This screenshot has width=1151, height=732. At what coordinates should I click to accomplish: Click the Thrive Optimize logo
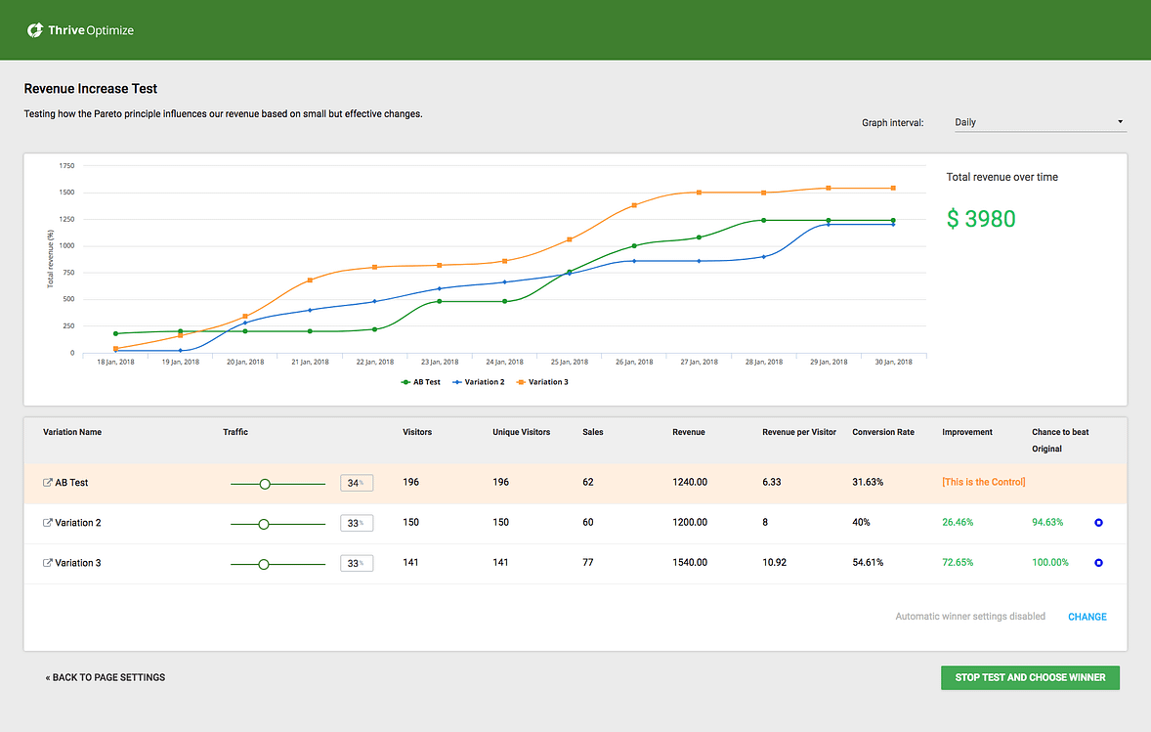pos(80,30)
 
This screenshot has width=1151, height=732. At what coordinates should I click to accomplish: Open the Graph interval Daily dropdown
pos(1039,122)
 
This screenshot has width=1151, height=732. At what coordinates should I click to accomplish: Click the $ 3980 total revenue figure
pos(981,219)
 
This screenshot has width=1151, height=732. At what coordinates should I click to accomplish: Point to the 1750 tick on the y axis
pos(66,166)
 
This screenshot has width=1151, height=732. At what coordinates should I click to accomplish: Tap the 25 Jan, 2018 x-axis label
pos(569,362)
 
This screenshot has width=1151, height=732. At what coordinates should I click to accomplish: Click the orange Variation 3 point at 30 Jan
pos(893,188)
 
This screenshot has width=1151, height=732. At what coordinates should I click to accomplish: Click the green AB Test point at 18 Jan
pos(115,333)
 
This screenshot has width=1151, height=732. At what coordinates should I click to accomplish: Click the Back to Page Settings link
pos(105,677)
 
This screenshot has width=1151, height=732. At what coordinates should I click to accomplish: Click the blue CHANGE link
pos(1087,617)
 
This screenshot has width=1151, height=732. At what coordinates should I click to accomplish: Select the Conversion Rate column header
pos(882,432)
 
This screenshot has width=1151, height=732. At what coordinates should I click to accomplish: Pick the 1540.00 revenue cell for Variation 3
pos(690,563)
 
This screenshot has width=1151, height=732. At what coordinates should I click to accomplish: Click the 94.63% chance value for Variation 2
pos(1047,523)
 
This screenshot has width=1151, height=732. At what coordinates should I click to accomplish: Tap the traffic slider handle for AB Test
pos(265,483)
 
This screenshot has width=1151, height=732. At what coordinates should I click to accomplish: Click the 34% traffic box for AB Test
pos(356,483)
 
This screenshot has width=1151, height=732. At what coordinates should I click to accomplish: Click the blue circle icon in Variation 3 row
pos(1098,563)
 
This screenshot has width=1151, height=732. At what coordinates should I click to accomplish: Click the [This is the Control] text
pos(983,483)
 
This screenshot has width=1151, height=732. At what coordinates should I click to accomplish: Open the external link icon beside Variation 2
pos(48,523)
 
